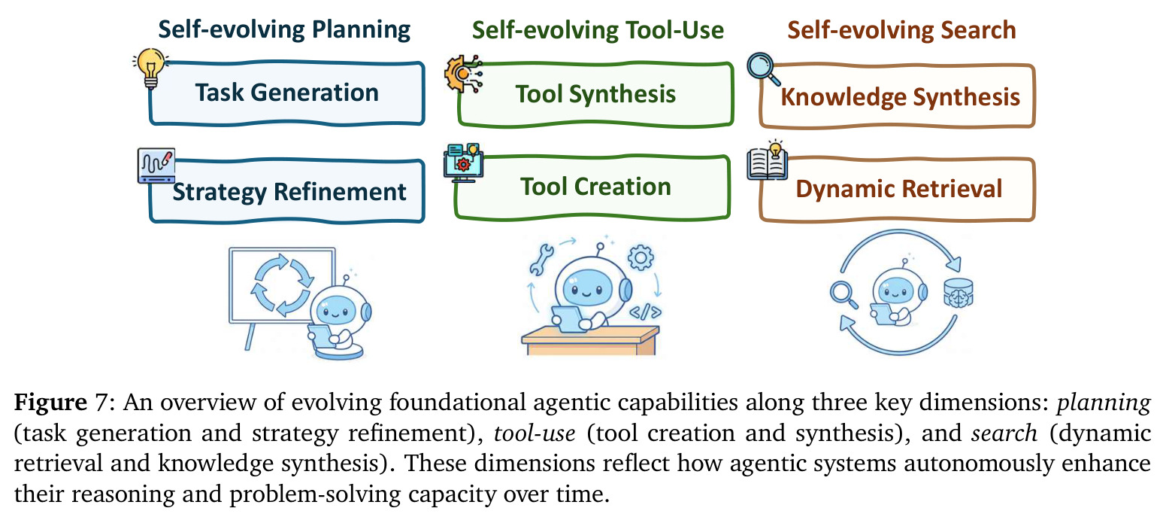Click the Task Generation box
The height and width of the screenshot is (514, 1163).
287,93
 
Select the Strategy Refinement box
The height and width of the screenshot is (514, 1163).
287,191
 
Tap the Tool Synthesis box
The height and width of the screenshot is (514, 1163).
595,95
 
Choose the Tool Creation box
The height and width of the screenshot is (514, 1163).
592,187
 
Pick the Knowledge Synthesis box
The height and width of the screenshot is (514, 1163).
897,96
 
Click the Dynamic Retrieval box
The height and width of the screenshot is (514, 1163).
897,190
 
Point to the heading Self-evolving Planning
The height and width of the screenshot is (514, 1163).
284,29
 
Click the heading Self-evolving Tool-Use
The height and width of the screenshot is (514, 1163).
598,30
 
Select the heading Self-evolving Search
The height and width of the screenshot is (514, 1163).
902,30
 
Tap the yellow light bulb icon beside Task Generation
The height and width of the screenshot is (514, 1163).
150,68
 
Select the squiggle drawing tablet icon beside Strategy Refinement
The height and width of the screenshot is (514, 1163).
156,166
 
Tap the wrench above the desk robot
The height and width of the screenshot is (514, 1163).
541,260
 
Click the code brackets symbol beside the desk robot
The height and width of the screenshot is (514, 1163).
645,312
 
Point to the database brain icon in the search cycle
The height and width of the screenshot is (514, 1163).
958,293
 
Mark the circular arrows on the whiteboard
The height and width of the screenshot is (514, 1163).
283,284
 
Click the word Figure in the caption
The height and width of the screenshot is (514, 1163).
50,402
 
